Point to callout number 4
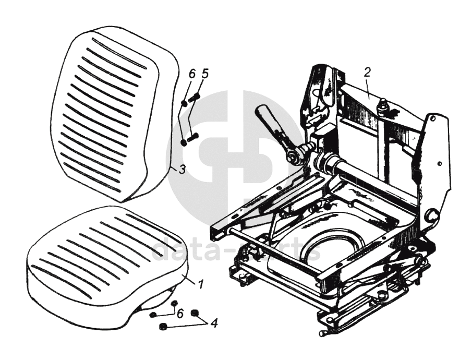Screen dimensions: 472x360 (x=213, y=322)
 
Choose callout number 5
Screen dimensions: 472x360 (x=205, y=74)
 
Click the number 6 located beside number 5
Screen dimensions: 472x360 (x=192, y=74)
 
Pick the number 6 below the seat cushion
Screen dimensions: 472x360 (x=180, y=313)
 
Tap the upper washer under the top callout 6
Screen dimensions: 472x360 (x=184, y=103)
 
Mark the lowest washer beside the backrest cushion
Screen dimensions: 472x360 (x=183, y=142)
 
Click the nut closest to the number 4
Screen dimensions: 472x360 (x=196, y=313)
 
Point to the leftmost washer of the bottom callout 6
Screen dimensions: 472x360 (x=153, y=315)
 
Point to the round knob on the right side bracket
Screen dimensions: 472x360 (x=432, y=214)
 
